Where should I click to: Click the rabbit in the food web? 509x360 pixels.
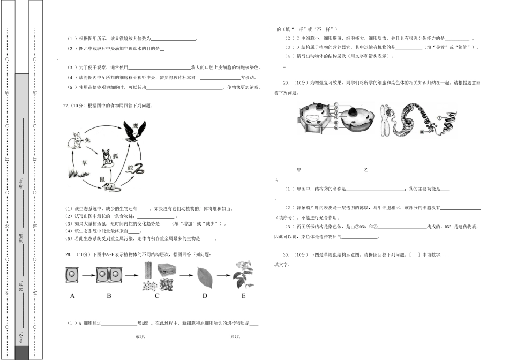point(74,141)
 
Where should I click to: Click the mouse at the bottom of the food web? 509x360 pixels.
point(112,187)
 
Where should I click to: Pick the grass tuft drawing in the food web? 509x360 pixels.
point(77,172)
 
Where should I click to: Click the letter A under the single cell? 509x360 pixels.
point(72,296)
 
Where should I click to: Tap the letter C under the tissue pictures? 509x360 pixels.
point(157,296)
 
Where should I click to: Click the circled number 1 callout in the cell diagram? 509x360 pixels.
point(335,105)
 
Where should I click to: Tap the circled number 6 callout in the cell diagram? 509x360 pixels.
point(335,127)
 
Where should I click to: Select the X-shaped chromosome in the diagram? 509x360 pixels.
point(386,120)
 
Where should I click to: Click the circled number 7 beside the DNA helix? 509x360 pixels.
point(439,117)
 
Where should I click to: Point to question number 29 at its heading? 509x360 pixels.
point(286,82)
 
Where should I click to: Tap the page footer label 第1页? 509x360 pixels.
point(141,336)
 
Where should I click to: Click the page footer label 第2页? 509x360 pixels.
point(235,336)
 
